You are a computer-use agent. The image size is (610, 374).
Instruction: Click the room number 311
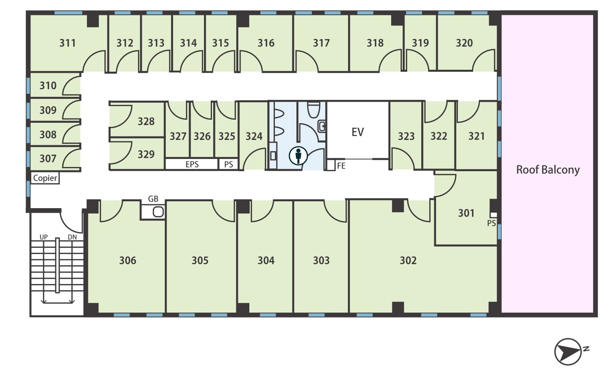67,43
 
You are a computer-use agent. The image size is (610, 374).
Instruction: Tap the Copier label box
45,178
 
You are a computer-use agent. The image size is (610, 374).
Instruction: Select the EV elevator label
358,132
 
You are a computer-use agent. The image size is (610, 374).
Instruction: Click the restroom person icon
298,156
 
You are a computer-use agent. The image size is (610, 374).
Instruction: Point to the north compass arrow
568,352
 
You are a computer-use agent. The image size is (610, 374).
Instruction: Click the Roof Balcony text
548,170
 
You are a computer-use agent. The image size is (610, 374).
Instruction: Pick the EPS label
192,164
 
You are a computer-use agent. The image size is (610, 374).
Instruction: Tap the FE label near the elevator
341,165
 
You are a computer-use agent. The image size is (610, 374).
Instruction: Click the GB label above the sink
153,199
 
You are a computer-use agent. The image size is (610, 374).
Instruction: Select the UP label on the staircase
43,237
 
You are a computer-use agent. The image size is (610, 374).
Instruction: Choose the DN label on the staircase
72,237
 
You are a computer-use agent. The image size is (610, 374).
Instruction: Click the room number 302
408,260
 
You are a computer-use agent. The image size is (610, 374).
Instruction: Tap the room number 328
146,121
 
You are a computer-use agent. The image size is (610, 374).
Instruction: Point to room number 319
420,43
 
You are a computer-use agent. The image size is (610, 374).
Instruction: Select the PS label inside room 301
491,223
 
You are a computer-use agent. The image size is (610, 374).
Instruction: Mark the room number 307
48,159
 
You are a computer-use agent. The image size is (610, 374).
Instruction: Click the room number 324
254,136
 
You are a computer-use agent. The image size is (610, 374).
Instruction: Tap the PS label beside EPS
228,164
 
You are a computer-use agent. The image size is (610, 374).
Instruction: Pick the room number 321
476,136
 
